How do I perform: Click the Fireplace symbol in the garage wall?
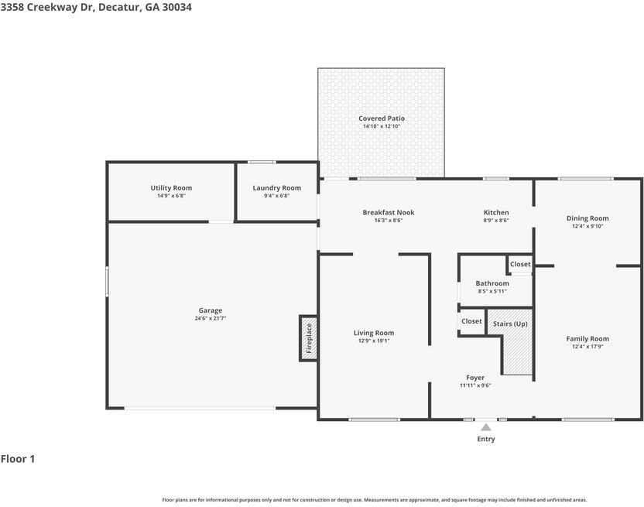308,338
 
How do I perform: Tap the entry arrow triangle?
486,427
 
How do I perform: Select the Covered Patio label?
382,118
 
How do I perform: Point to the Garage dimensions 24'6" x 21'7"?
211,318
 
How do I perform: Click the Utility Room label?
171,188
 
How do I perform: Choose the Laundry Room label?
277,188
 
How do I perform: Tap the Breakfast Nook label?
389,212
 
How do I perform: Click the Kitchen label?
496,212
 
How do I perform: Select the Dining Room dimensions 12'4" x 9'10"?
587,226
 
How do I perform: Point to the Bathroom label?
492,283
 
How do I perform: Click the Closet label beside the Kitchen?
520,264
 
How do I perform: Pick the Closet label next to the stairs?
471,321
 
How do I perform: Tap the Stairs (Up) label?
510,324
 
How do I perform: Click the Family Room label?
587,338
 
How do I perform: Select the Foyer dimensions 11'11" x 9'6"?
475,385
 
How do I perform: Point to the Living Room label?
374,333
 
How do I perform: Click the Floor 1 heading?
18,459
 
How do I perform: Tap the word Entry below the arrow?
486,439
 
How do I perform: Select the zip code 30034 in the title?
177,8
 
